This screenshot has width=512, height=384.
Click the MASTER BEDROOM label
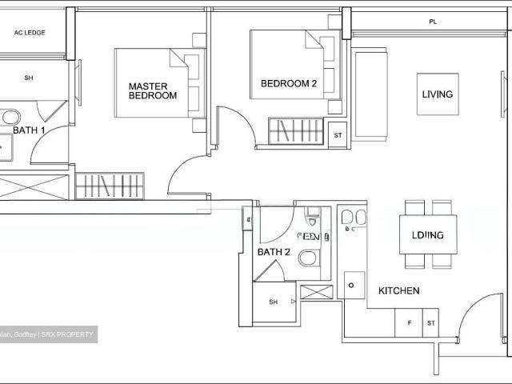[153, 90]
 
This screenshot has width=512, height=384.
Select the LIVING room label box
[437, 94]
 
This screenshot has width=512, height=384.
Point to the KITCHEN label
[398, 291]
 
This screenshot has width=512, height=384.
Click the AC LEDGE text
[30, 33]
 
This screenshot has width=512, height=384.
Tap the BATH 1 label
[29, 130]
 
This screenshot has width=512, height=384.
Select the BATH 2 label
[274, 252]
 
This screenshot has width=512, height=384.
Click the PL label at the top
[432, 22]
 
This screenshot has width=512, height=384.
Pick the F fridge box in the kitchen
[409, 322]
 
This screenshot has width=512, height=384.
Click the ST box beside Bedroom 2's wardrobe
[338, 135]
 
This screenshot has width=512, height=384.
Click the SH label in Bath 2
[273, 302]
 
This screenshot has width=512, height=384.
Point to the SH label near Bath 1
[29, 78]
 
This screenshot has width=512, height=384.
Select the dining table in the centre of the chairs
[428, 234]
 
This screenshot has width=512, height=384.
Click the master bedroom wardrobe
[110, 186]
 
